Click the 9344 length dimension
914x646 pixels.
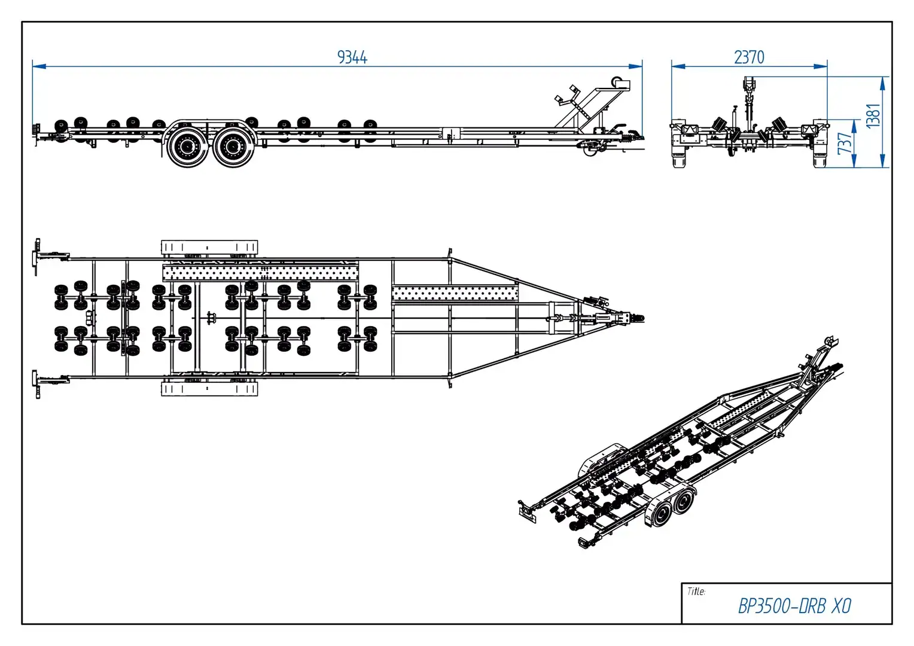(x=352, y=57)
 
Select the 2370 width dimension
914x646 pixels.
(x=749, y=57)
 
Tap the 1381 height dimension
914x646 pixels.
(x=873, y=115)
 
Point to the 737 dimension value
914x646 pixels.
(x=845, y=144)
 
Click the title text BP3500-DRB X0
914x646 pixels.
(x=794, y=606)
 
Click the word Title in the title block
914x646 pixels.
(x=696, y=592)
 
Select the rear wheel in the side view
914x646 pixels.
(x=186, y=145)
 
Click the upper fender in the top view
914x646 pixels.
(x=209, y=248)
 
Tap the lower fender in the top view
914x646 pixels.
(x=209, y=389)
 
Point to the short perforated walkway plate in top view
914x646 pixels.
(x=455, y=293)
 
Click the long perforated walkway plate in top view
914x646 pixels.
(x=260, y=273)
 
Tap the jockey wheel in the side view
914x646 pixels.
(x=590, y=150)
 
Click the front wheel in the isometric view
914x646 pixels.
(x=683, y=502)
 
